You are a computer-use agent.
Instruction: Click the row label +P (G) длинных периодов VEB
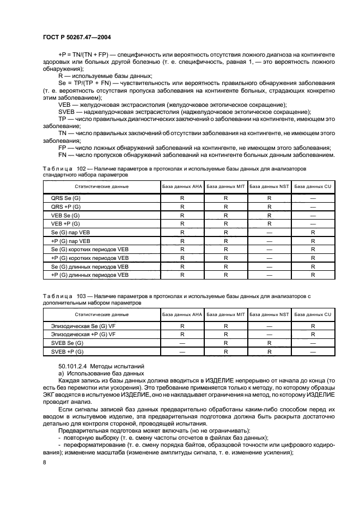point(89,275)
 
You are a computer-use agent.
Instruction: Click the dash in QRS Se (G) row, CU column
point(313,198)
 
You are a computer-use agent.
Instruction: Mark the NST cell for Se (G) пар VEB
point(269,232)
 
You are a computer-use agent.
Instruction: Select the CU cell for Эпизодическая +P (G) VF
point(313,333)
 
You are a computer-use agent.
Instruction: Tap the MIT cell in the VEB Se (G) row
point(225,215)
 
